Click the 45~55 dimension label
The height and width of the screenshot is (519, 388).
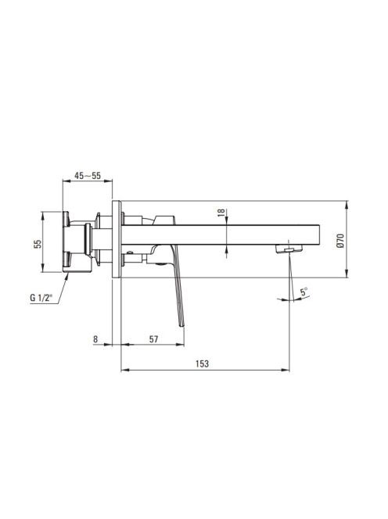pos(88,176)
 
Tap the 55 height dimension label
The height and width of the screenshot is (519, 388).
pos(38,244)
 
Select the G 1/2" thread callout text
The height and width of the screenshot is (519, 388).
pos(41,298)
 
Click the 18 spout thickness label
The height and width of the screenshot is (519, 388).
pos(221,212)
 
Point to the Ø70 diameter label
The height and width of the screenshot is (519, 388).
pos(340,241)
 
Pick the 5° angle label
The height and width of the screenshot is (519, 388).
pos(304,292)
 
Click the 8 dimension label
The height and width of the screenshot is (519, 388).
pos(95,339)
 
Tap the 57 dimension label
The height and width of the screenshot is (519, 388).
pos(153,339)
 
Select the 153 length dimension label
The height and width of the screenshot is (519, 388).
pos(202,363)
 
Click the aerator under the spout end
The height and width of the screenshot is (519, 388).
pos(289,249)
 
